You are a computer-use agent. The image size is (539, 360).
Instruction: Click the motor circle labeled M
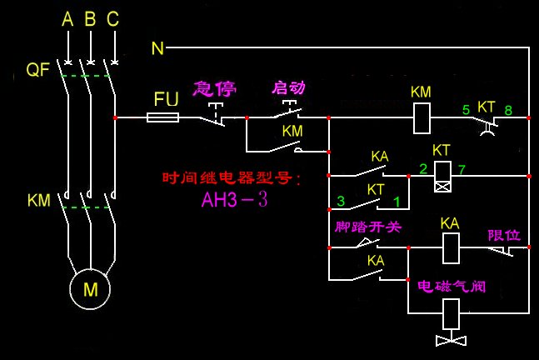point(89,288)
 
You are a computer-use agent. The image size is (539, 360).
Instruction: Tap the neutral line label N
point(157,48)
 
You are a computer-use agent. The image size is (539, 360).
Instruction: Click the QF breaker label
point(38,70)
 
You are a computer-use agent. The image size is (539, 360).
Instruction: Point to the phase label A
point(67,19)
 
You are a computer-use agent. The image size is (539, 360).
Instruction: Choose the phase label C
point(112,19)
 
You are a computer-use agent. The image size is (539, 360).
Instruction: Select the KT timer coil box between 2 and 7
point(443,177)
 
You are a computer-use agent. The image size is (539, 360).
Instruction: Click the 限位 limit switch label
point(503,235)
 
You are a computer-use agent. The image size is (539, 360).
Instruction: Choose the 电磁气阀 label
point(451,286)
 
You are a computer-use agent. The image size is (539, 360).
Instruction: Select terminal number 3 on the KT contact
point(341,201)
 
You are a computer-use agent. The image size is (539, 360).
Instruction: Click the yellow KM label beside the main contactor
point(39,201)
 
